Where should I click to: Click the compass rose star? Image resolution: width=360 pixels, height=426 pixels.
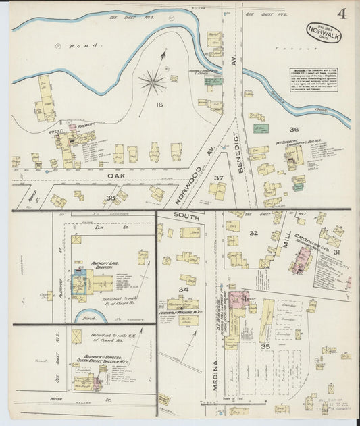[153, 83]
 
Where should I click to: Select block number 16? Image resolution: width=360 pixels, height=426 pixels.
[159, 105]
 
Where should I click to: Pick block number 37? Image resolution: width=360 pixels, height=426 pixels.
[218, 178]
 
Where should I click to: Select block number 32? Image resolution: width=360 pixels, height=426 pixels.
[253, 233]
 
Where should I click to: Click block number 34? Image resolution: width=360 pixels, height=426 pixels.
[182, 290]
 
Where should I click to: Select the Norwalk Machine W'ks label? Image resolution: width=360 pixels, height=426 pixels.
[180, 313]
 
